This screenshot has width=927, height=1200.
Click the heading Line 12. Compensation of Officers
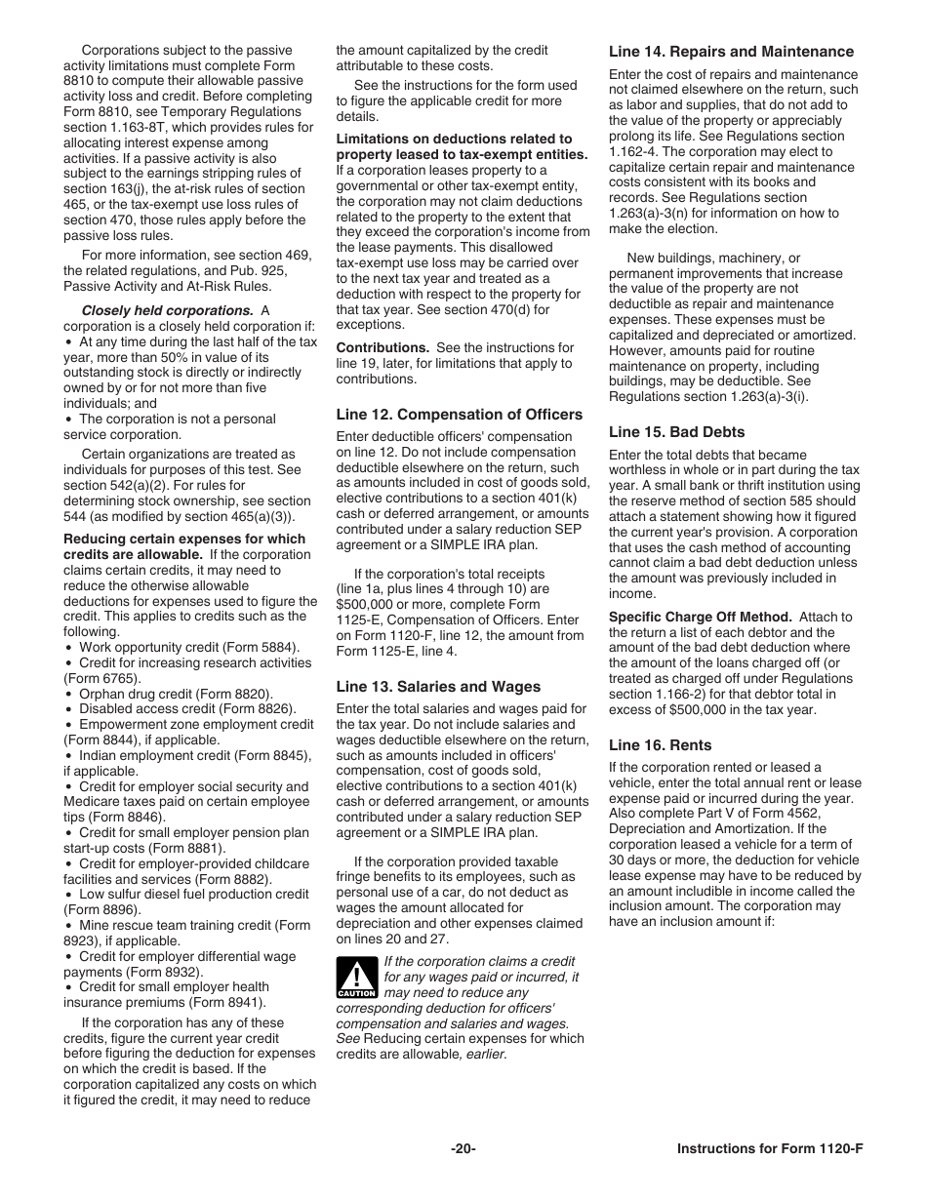coord(459,414)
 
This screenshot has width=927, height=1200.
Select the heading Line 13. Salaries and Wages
coord(438,686)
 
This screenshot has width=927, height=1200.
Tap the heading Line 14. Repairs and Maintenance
coord(731,52)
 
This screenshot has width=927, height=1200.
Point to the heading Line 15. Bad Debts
coord(676,431)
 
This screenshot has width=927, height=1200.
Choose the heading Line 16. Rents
coord(660,744)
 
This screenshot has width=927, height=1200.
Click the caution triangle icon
coord(356,977)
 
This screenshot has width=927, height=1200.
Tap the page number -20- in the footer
coord(463,1148)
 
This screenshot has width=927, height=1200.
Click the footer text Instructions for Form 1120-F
coord(770,1148)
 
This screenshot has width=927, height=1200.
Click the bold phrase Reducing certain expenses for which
coord(184,539)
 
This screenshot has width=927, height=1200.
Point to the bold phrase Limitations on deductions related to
coord(454,139)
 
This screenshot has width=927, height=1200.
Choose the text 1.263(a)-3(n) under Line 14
coord(654,213)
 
